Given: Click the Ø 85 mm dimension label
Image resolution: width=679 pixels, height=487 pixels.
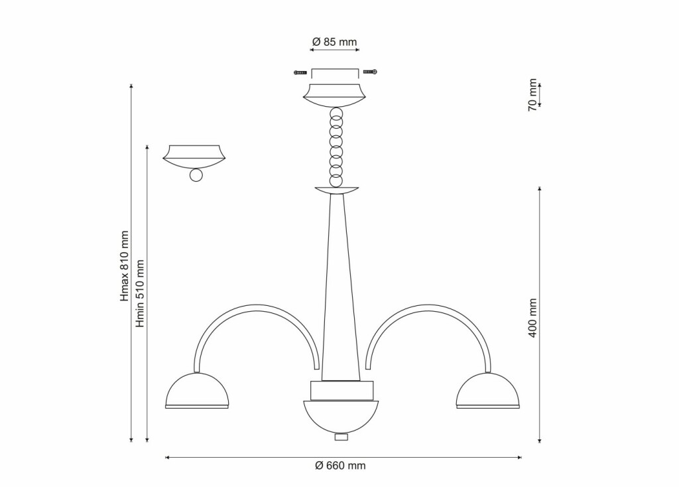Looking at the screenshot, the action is tap(334, 42).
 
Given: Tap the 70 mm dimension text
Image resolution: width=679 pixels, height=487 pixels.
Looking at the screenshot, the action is tap(532, 95).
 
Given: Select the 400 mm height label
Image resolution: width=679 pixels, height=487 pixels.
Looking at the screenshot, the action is tap(532, 318).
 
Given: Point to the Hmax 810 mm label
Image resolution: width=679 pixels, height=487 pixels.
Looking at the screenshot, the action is tap(125, 266).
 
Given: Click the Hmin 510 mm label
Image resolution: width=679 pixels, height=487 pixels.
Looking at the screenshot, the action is tap(139, 293).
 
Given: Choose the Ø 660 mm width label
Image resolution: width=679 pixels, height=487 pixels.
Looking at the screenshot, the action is tap(340, 466).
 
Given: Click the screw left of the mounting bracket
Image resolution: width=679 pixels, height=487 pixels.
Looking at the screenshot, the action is tap(300, 72).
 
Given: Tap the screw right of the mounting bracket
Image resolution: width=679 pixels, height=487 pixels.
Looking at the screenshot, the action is tap(370, 72).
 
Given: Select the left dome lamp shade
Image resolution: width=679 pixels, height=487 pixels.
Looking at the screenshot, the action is tap(197, 391).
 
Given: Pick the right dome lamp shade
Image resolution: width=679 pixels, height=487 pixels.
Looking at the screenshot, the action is tap(488, 391).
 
